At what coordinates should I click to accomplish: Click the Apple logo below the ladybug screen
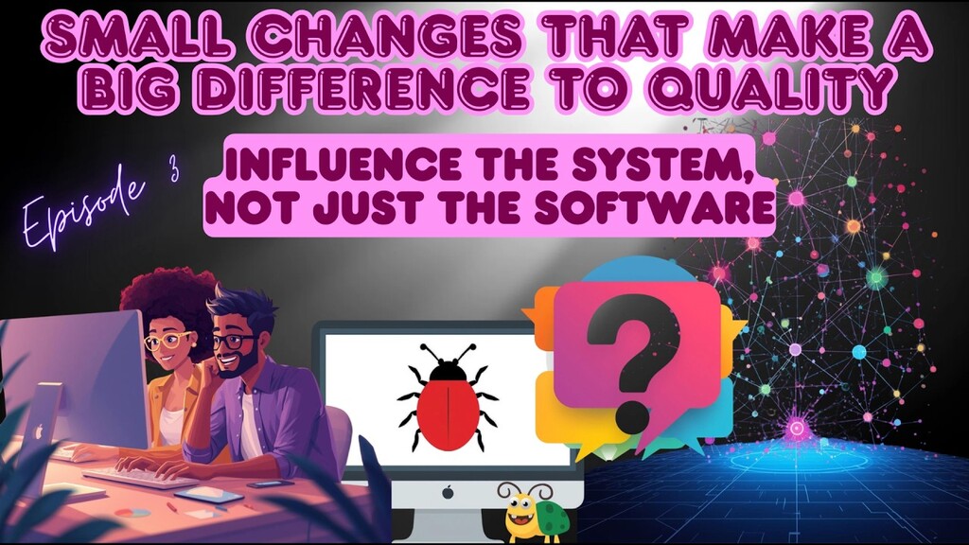pos(447,492)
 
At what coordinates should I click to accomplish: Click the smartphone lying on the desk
pos(270,483)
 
